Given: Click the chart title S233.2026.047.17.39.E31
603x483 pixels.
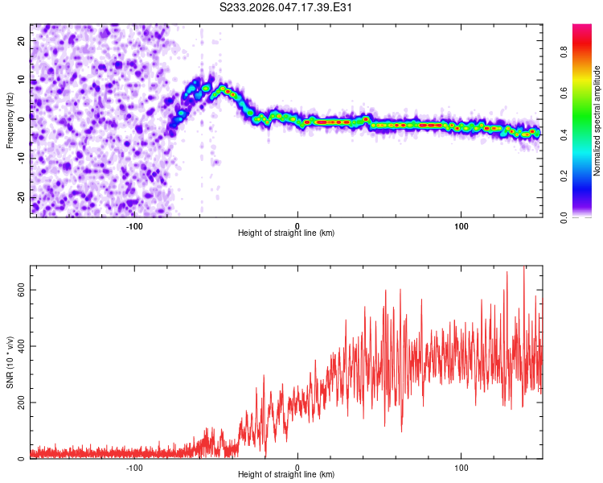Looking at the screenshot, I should pos(287,7).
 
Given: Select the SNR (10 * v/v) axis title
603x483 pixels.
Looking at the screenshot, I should pos(10,363).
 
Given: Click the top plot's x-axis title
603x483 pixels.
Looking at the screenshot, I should pos(286,233).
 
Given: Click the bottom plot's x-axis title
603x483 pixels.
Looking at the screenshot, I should pos(286,474).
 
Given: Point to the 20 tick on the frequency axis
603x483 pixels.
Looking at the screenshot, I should pos(22,39).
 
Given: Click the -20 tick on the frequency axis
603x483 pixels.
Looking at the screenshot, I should pos(20,197).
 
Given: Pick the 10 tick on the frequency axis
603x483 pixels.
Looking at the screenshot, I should pos(22,79).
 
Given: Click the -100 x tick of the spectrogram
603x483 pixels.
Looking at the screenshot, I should pos(134,225).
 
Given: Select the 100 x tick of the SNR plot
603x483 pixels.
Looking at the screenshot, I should pos(461,467).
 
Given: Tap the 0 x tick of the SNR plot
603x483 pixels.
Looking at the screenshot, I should pos(298,467).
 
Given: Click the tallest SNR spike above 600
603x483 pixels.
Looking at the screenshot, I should pos(524,268).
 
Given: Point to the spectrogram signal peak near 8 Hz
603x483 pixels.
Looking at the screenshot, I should pos(223,88).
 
